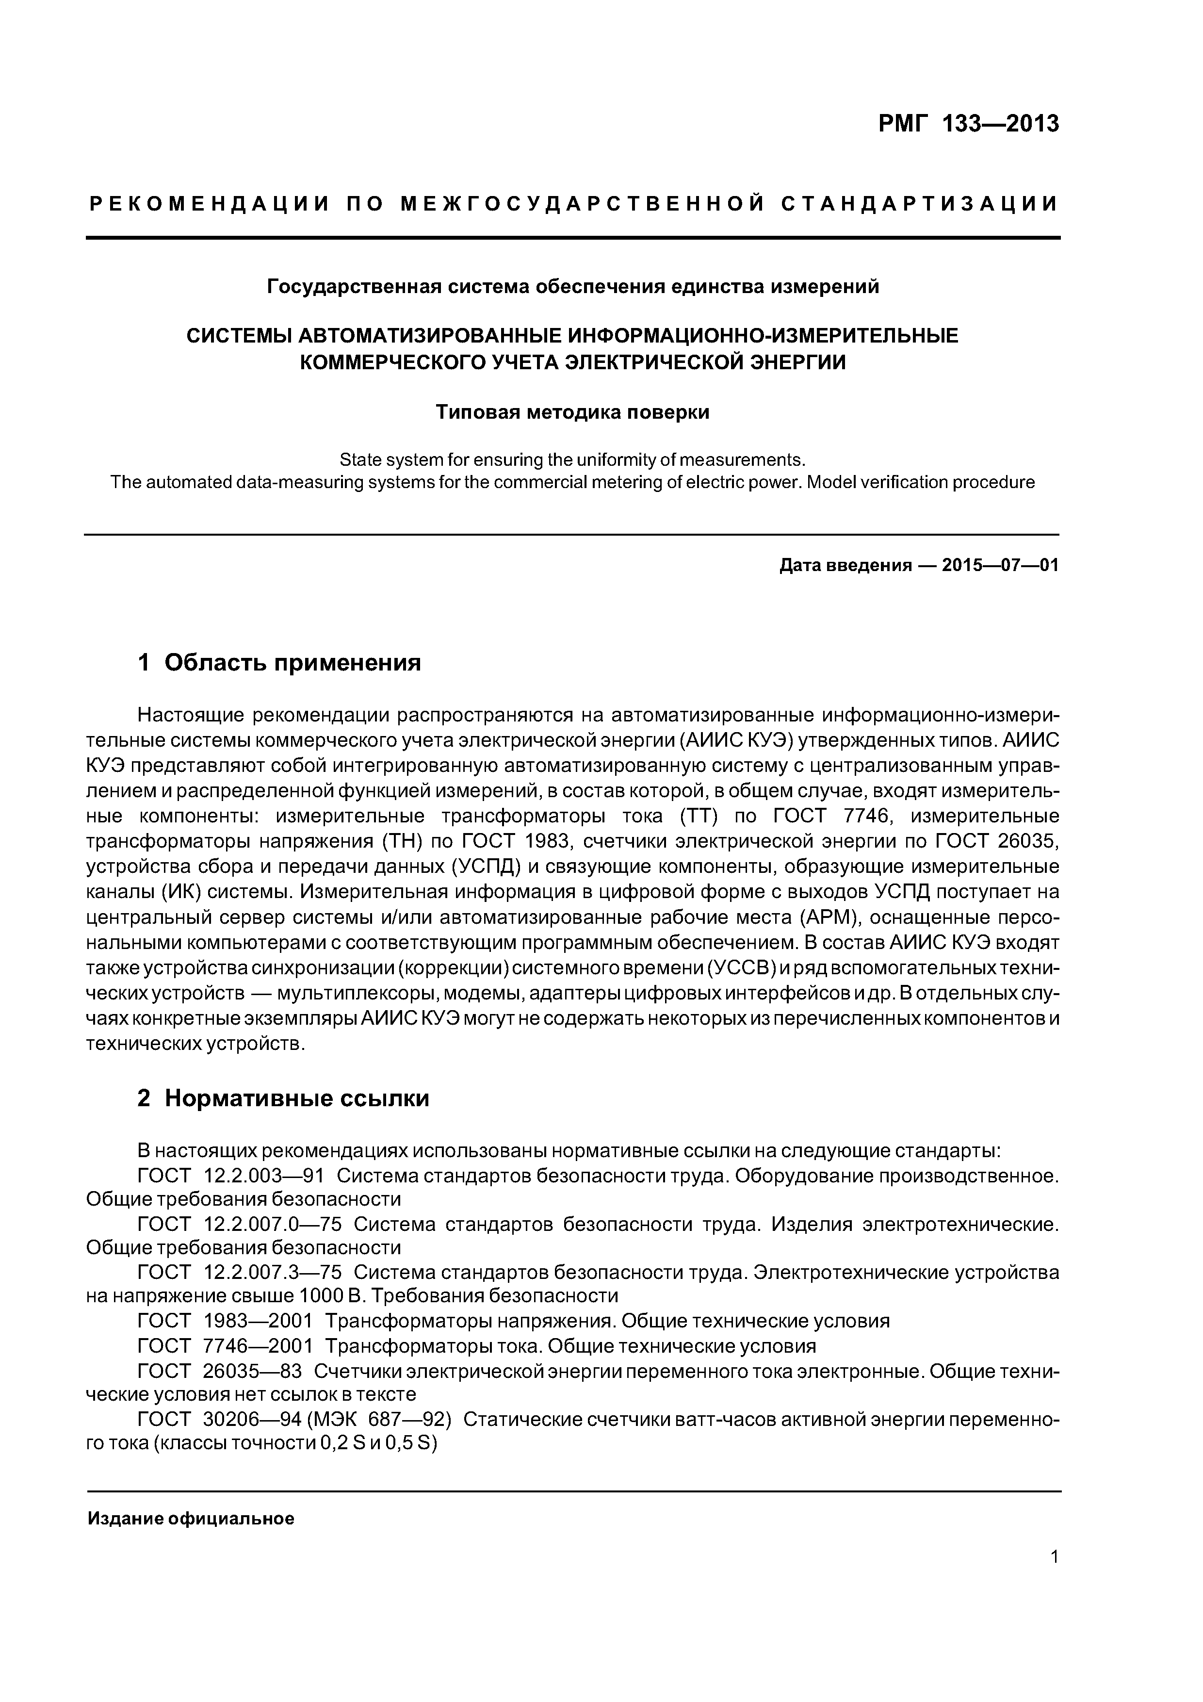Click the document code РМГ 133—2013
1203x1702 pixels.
point(969,124)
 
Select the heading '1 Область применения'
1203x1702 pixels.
point(279,662)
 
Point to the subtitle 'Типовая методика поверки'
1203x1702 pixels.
point(572,412)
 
